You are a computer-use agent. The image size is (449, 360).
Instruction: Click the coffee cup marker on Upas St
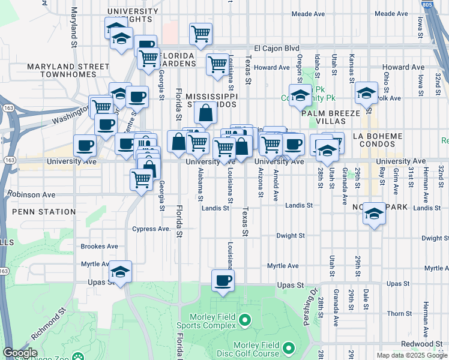point(223,280)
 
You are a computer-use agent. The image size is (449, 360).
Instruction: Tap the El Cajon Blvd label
point(276,48)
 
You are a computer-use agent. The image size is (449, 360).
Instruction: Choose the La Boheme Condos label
point(378,140)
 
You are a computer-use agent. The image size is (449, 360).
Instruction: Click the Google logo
point(20,353)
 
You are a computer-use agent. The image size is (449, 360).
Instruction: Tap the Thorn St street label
point(399,314)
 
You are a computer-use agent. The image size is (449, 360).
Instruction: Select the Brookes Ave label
point(100,246)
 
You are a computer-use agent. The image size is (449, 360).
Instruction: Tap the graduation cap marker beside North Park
point(374,214)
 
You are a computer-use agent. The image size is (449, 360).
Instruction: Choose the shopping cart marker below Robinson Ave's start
point(142,178)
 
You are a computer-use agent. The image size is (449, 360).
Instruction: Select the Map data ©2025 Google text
point(412,355)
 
